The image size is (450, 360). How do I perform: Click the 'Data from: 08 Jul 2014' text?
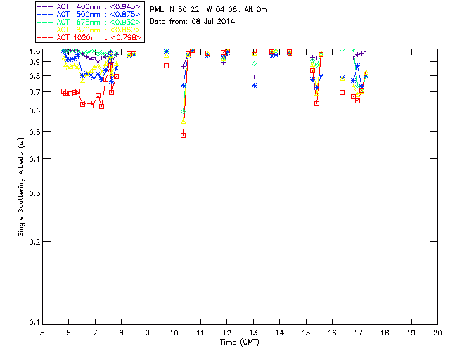192,22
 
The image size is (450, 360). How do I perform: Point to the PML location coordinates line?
209,10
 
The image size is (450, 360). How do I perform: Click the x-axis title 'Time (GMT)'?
240,342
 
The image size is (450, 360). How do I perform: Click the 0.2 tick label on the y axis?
32,242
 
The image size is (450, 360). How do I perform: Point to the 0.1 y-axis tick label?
32,323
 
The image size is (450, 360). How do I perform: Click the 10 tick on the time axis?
174,333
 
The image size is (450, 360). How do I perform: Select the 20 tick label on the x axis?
437,333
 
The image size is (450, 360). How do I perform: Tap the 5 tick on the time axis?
43,333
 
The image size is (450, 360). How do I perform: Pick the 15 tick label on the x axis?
306,333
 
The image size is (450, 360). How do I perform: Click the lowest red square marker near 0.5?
183,135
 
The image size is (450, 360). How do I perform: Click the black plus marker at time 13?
254,77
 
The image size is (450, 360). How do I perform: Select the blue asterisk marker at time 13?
254,85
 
